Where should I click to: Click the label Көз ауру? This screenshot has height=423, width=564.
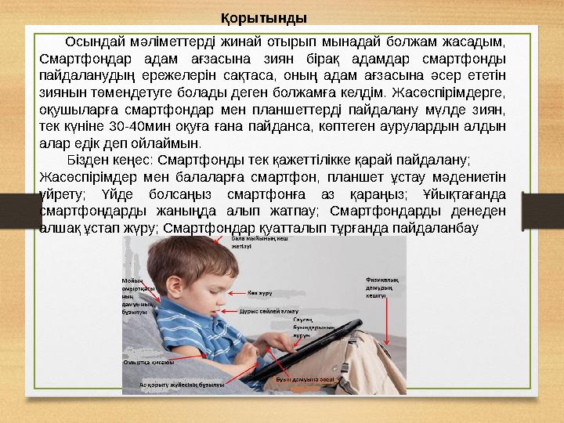(260, 293)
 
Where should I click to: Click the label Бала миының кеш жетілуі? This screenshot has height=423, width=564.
(229, 242)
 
